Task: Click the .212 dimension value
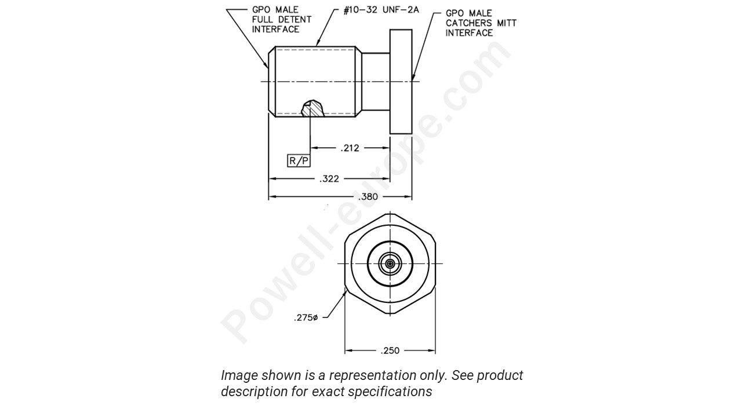coord(350,148)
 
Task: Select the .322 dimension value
coord(329,179)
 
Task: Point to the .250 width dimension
coord(390,351)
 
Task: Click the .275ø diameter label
coord(306,317)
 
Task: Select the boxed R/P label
coord(299,160)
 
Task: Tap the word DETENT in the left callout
coord(295,20)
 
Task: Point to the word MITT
coord(505,23)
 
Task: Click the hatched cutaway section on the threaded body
coord(313,108)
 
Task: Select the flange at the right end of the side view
coord(401,82)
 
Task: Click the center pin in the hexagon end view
coord(390,264)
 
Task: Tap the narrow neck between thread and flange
coord(376,82)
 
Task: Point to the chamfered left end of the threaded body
coord(271,82)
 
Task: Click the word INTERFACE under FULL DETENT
coord(275,30)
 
